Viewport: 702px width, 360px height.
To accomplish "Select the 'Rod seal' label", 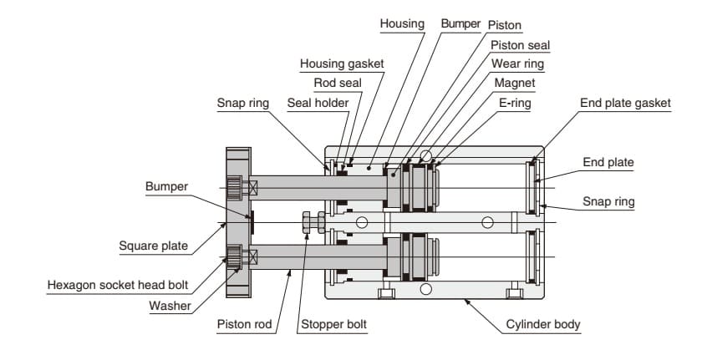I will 337,83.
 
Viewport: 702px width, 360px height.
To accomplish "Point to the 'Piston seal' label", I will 520,45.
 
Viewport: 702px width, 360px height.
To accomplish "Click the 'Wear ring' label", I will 516,64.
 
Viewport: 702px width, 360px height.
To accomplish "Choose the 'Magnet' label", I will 515,84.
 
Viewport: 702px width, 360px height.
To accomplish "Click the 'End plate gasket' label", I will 625,103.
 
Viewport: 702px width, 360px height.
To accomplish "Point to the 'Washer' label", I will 170,305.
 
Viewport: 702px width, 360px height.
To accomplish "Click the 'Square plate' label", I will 154,246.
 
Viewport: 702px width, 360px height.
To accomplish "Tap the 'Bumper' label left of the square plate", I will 167,185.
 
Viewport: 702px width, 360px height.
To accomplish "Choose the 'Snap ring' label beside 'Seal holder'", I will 242,103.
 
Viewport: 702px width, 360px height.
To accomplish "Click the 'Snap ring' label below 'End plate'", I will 608,201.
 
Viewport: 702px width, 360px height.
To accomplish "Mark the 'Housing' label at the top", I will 402,24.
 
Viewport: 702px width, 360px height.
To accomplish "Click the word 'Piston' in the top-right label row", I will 505,24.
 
